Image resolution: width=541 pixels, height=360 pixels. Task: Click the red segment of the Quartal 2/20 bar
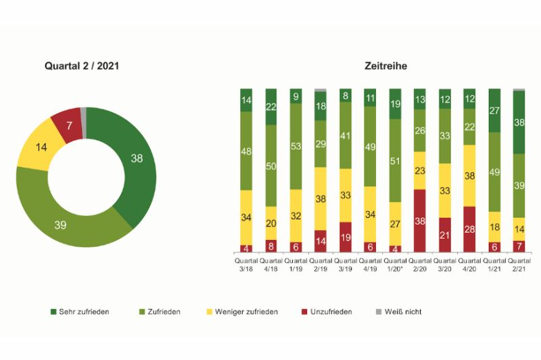420,221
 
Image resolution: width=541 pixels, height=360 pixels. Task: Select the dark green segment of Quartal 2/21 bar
519,122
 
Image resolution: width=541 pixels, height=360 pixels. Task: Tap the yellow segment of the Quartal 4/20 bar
469,175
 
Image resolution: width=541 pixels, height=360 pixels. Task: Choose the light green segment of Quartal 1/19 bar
296,146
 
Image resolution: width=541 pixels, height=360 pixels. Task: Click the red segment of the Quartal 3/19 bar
346,237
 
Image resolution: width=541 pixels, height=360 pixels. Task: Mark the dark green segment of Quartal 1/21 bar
494,110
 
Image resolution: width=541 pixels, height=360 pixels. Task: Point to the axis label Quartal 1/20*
395,264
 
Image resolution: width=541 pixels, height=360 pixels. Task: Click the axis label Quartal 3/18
247,264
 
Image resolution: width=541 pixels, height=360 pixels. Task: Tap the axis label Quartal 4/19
371,264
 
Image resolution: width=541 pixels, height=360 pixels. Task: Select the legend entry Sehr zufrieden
79,312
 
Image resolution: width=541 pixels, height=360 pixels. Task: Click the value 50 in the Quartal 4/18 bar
271,166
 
